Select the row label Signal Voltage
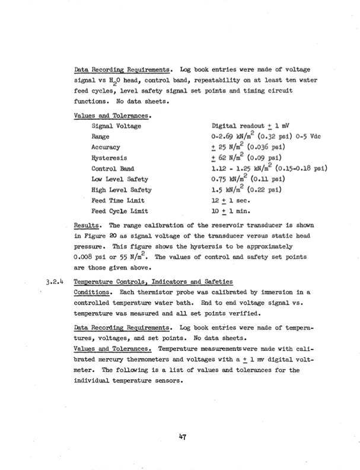116,126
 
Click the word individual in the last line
92,380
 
